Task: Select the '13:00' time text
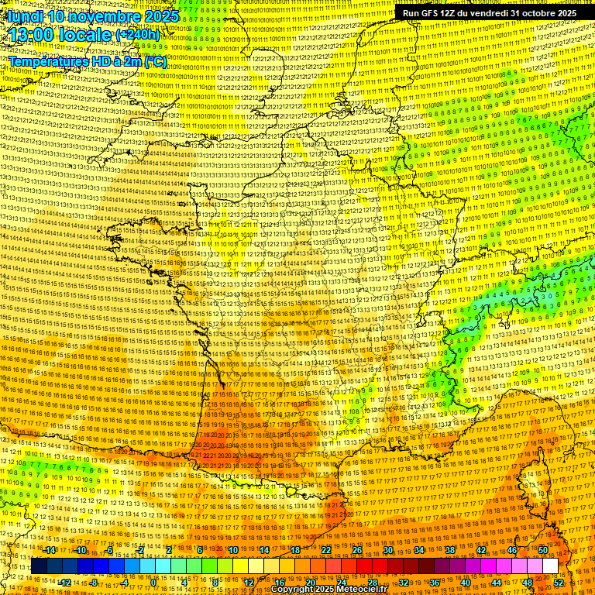pos(36,36)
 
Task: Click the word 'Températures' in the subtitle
pos(45,60)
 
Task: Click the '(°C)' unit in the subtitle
pos(154,60)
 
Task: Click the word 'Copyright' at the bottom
pos(292,589)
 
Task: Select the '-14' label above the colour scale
pos(50,550)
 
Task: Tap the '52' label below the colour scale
pos(559,583)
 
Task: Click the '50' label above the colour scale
pos(543,550)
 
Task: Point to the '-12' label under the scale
pos(65,583)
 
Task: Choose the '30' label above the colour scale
pos(388,550)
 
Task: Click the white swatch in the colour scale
pos(550,566)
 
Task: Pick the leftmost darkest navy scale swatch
pos(39,566)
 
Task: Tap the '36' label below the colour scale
pos(435,583)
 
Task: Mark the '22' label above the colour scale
pos(326,550)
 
